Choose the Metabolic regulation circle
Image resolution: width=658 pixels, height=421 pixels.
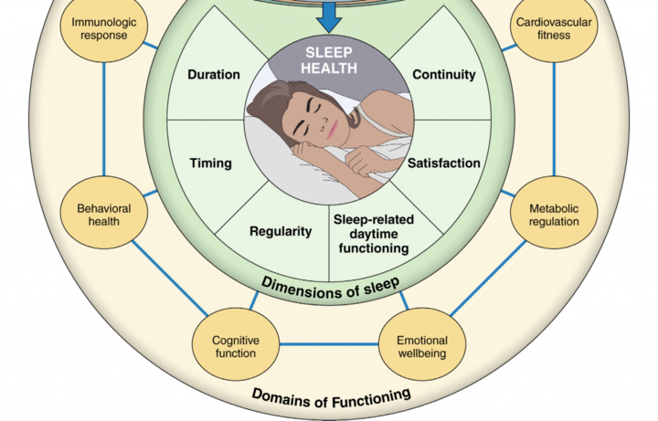(554, 216)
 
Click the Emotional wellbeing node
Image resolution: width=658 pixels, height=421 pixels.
(421, 346)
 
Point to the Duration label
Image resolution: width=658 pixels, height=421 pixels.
(215, 75)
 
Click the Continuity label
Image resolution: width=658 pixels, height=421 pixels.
(443, 75)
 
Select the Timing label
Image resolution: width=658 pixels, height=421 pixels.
(210, 163)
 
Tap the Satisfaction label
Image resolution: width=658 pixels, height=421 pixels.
(444, 163)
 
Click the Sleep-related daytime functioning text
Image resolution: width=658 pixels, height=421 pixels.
(370, 234)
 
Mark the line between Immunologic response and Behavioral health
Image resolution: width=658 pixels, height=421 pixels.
(104, 119)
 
